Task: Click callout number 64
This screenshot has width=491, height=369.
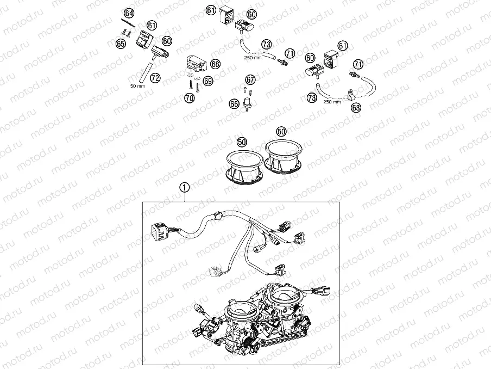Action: click(x=128, y=13)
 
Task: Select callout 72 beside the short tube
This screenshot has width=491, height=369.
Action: click(x=155, y=78)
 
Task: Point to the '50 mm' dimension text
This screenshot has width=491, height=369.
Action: click(x=137, y=86)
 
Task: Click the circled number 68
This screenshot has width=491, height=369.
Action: click(x=215, y=64)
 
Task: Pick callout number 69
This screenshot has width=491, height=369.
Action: click(x=209, y=81)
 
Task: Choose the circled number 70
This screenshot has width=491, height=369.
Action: click(x=189, y=98)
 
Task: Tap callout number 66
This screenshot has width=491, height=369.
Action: click(x=234, y=103)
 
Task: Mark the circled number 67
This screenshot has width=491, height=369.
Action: click(x=250, y=79)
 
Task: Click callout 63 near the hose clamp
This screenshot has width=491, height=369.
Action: click(x=356, y=108)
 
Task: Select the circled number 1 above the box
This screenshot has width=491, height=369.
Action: click(x=185, y=188)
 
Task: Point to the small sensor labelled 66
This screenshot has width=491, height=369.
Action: click(x=247, y=102)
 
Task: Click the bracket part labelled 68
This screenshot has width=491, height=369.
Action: click(x=196, y=64)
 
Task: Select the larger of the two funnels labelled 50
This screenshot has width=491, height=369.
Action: click(x=283, y=157)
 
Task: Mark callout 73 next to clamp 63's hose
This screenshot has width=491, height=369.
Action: click(x=312, y=98)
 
